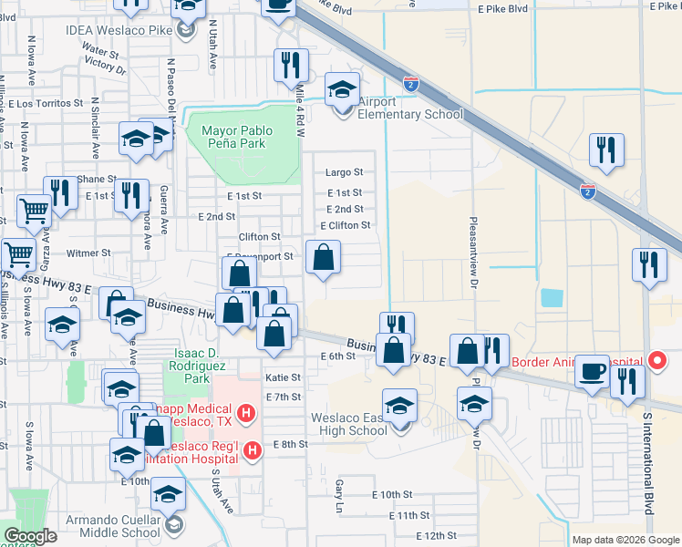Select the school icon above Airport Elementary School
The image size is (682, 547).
(x=342, y=89)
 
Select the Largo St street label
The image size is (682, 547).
(x=345, y=171)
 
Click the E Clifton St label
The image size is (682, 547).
(x=345, y=225)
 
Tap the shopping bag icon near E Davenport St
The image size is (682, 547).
(x=323, y=259)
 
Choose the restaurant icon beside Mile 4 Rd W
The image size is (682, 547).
(x=290, y=65)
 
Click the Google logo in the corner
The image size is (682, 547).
(x=31, y=536)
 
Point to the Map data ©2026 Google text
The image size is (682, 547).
(x=625, y=540)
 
